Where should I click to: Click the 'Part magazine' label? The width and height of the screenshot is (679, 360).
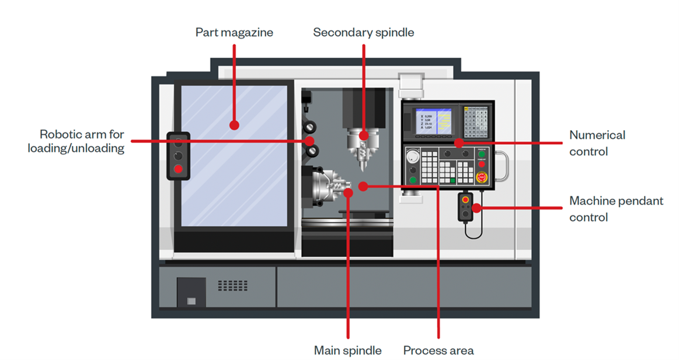[x=234, y=32]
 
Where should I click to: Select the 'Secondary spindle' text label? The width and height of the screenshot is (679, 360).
[x=363, y=32]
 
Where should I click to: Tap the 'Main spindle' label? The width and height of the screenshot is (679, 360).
[x=347, y=351]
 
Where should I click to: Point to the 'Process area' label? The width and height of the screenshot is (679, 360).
[x=438, y=351]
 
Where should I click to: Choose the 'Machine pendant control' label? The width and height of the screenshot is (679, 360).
[x=616, y=209]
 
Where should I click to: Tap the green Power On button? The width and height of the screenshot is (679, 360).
[x=482, y=155]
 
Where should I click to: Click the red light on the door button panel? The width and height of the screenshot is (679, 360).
[x=179, y=170]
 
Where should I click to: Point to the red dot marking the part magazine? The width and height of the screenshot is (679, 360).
[x=234, y=125]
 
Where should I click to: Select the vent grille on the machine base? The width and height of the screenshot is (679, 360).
[x=232, y=285]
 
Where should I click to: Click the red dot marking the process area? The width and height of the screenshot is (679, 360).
[x=363, y=186]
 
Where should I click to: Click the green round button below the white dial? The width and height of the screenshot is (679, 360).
[x=413, y=179]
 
